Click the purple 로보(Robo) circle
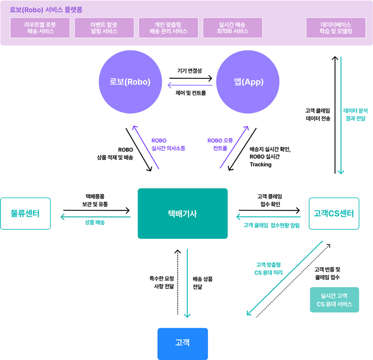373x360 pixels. (130, 82)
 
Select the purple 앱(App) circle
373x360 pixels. (249, 82)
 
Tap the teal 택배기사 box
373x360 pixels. (182, 214)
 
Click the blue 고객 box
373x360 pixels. (182, 343)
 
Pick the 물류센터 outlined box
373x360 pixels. (25, 214)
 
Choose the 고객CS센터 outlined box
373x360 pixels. (334, 214)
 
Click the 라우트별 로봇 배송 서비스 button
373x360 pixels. (40, 28)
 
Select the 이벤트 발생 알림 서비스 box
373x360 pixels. (104, 28)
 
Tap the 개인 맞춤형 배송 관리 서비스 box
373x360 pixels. (168, 28)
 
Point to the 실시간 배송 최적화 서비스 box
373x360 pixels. (232, 28)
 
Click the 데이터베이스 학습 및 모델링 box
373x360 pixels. (336, 28)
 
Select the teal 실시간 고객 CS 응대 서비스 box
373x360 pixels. (334, 300)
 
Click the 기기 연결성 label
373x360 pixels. (190, 71)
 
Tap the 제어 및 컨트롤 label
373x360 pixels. (190, 93)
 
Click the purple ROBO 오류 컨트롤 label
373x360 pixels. (220, 144)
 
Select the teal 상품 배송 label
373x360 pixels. (95, 222)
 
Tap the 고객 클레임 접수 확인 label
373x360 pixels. (269, 200)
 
